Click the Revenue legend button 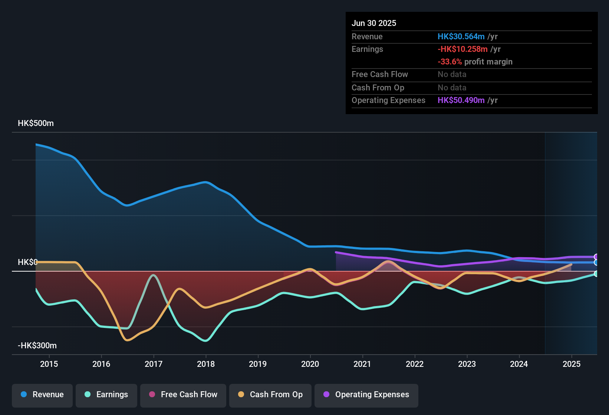42,395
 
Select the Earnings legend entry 106,395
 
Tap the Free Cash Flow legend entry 183,395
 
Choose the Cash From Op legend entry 270,395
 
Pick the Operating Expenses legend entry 366,395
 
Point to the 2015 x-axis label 49,364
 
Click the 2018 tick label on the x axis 206,364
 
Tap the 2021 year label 362,364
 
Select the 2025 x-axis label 571,364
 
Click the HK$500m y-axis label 36,123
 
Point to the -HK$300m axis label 37,346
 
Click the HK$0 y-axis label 27,262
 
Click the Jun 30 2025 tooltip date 374,23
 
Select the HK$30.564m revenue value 461,37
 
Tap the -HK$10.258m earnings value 462,49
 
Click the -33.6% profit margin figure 450,62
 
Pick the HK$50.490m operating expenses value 461,100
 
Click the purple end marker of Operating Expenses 596,257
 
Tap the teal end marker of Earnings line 596,274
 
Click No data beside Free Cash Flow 452,74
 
